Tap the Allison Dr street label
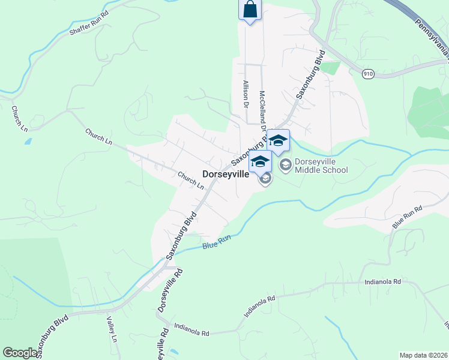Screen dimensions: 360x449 (x=246, y=94)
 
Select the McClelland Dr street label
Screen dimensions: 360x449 (x=262, y=111)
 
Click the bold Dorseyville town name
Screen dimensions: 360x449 (x=225, y=174)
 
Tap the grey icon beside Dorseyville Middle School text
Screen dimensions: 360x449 (x=285, y=164)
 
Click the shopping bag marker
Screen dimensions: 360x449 (x=250, y=10)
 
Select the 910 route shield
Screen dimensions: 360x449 (x=369, y=73)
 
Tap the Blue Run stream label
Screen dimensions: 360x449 (x=217, y=242)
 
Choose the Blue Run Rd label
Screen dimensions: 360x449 (x=408, y=217)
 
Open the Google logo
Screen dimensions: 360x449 (x=20, y=353)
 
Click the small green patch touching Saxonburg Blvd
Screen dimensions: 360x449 (x=330, y=67)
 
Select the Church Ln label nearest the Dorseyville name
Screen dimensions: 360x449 (x=191, y=179)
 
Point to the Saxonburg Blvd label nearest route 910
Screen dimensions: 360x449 (x=310, y=76)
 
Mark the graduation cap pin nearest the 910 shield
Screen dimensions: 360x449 (x=278, y=142)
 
